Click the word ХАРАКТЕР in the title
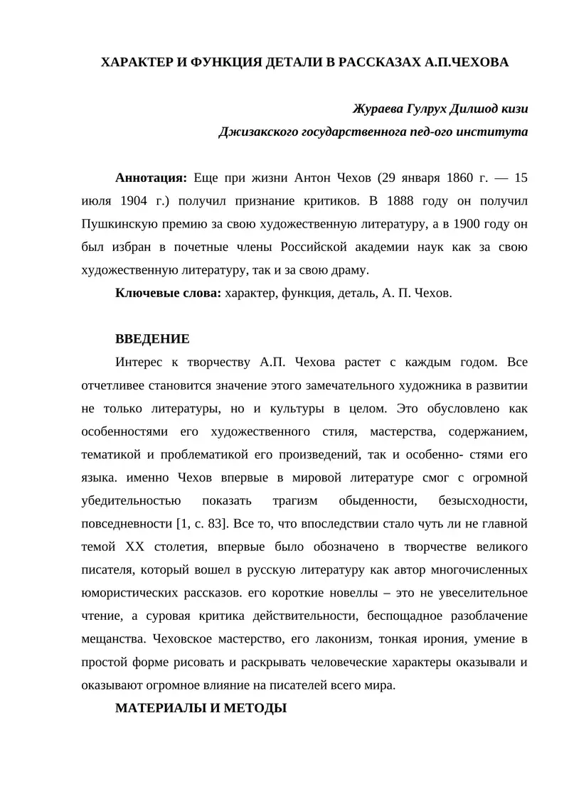point(135,63)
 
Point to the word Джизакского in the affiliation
point(257,132)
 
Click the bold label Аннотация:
point(151,178)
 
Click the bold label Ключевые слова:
point(168,293)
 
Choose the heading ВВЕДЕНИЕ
point(152,339)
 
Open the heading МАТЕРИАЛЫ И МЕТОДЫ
point(201,709)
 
